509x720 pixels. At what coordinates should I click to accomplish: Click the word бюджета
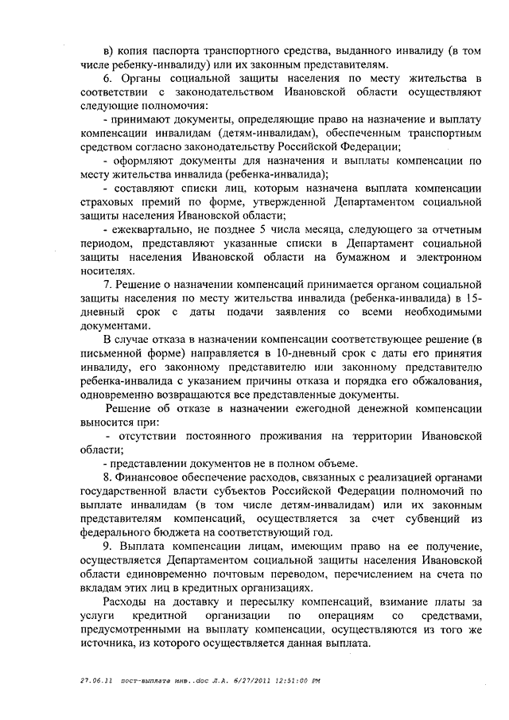pos(169,535)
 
